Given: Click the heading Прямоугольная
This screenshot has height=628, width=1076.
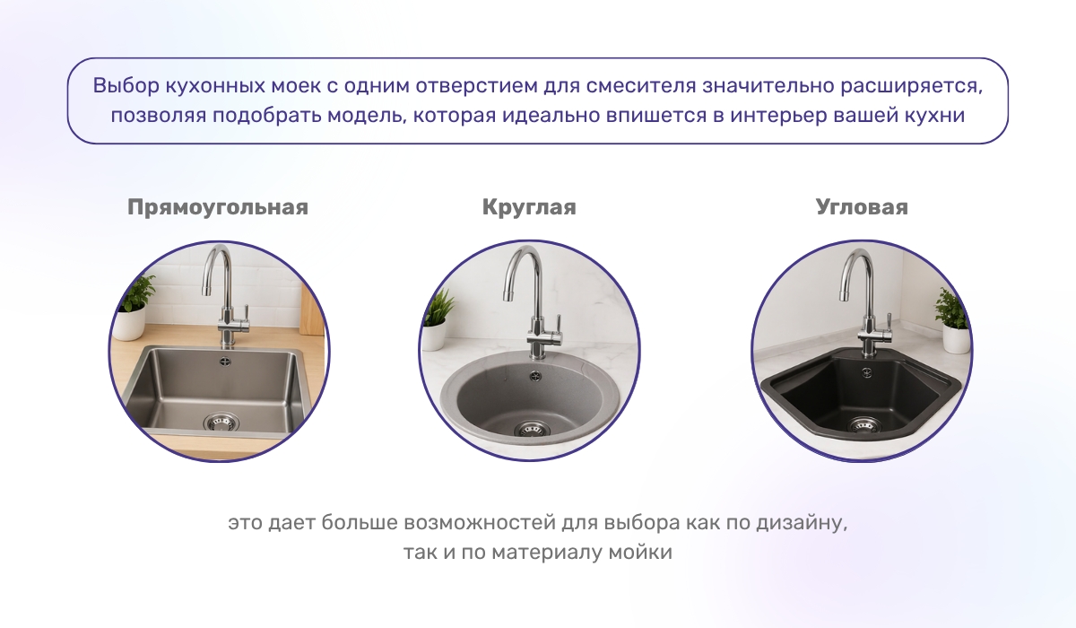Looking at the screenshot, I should (x=218, y=207).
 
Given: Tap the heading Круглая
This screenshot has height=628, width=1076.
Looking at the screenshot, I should (x=529, y=207).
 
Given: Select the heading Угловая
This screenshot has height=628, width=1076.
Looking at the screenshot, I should (x=862, y=207).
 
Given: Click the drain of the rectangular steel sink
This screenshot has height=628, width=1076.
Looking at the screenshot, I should (x=221, y=422).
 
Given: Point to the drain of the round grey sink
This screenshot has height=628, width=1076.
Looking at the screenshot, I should (x=528, y=428).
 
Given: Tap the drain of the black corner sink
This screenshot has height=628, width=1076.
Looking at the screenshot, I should (x=863, y=424).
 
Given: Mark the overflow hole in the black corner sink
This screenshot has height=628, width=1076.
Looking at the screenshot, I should (x=866, y=370).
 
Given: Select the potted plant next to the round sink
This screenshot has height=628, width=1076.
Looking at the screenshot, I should (x=437, y=321).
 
